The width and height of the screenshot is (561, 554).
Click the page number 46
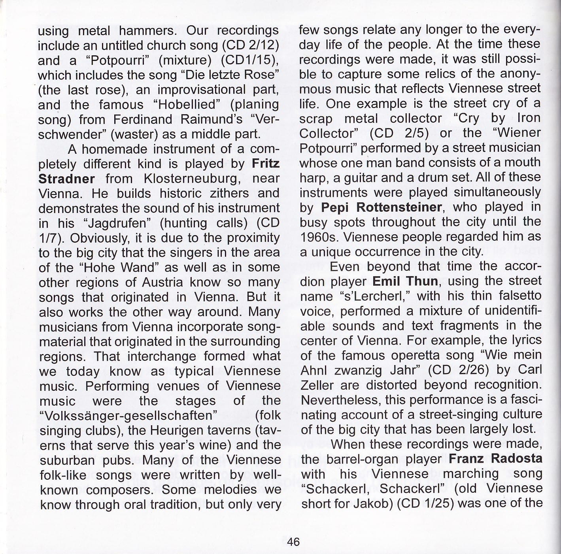pos(293,541)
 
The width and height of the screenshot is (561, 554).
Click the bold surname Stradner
pos(66,179)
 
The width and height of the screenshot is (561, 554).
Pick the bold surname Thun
pos(422,281)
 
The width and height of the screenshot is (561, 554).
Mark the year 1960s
pos(317,237)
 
